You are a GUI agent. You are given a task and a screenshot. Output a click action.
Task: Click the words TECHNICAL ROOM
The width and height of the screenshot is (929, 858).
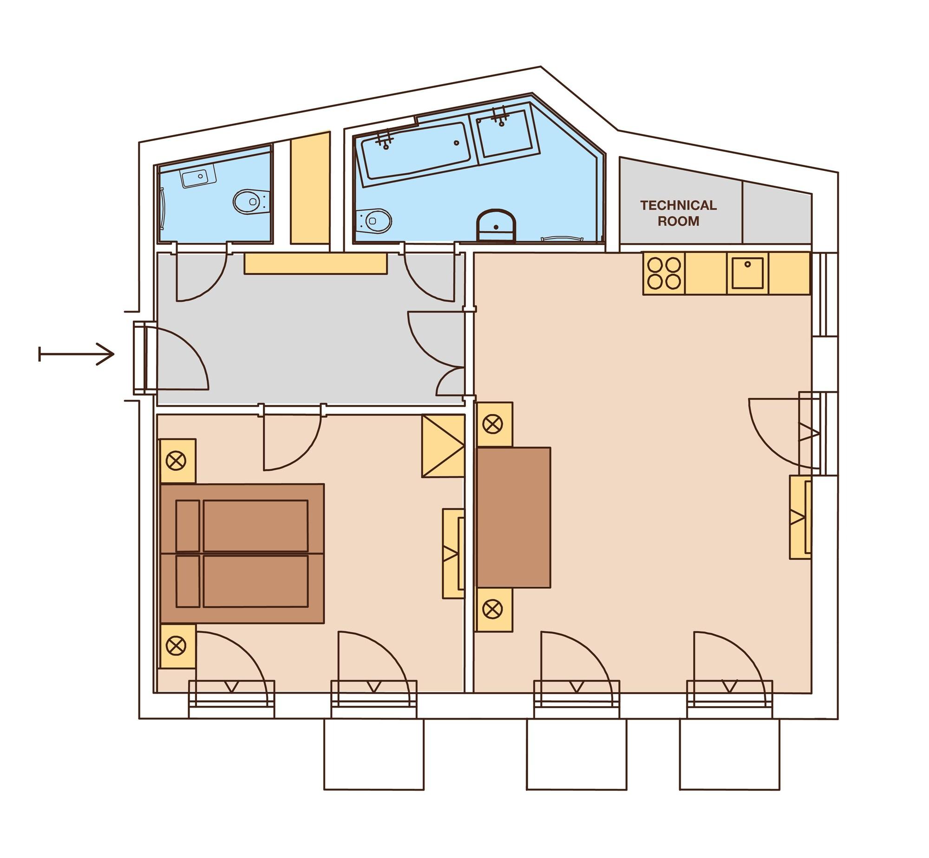[x=678, y=213]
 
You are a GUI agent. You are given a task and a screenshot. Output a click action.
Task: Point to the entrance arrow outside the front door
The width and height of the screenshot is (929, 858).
[x=77, y=354]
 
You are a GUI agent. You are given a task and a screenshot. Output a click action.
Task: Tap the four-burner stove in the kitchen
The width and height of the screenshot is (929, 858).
[x=664, y=273]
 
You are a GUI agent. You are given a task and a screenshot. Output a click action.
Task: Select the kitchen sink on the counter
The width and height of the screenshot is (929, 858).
[x=747, y=273]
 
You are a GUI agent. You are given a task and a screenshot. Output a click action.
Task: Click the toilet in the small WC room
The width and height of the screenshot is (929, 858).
[x=251, y=202]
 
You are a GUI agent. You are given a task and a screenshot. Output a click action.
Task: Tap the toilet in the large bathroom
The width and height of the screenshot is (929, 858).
[x=374, y=221]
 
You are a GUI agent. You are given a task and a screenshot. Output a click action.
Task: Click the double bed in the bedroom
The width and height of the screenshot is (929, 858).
[x=242, y=553]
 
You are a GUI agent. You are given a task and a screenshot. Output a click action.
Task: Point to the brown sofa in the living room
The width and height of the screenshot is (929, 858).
[x=514, y=517]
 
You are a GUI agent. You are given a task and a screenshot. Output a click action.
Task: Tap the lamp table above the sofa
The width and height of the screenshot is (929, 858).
[x=494, y=424]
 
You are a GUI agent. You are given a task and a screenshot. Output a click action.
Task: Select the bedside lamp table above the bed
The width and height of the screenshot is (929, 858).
[x=177, y=461]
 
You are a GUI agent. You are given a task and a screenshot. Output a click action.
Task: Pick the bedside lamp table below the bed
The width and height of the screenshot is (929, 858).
[x=177, y=646]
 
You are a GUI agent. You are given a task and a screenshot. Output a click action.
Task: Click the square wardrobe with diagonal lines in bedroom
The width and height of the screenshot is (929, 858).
[x=443, y=446]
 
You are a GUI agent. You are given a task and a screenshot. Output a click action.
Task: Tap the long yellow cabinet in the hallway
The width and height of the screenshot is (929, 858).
[x=316, y=264]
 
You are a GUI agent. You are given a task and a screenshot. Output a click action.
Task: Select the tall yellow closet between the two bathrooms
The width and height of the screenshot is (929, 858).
[x=310, y=188]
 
